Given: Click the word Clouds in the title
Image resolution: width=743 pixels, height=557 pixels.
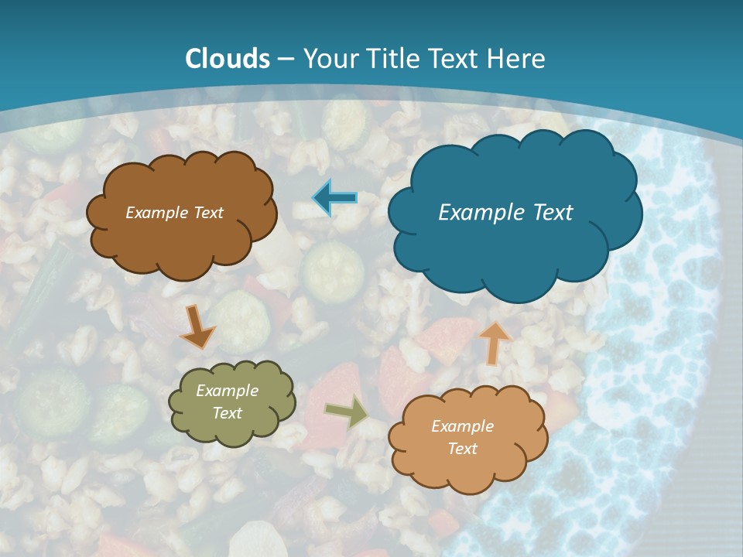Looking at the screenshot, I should pos(228,59).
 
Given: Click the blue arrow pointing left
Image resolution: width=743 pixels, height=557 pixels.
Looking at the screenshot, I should pos(335,198).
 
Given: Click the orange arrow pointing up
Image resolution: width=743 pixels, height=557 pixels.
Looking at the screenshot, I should pos(495,342).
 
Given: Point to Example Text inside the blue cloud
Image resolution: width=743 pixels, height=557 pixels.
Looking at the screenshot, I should pos(505,212).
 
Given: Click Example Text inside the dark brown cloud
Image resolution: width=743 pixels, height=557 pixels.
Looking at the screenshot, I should pos(174,213).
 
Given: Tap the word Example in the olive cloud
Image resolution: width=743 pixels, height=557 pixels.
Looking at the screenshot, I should pos(227,391).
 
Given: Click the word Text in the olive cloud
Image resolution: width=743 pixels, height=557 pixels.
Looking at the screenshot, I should pos(227,413).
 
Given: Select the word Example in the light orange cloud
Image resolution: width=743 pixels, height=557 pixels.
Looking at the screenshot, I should pos(462,426).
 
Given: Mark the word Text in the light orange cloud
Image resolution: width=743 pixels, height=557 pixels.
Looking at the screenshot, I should pos(462,449).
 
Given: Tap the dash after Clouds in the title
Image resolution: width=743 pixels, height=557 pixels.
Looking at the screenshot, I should pos(285,60).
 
